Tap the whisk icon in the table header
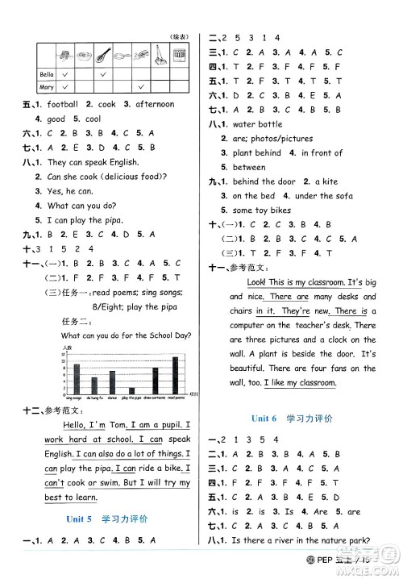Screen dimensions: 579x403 102,56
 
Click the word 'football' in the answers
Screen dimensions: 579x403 62,104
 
